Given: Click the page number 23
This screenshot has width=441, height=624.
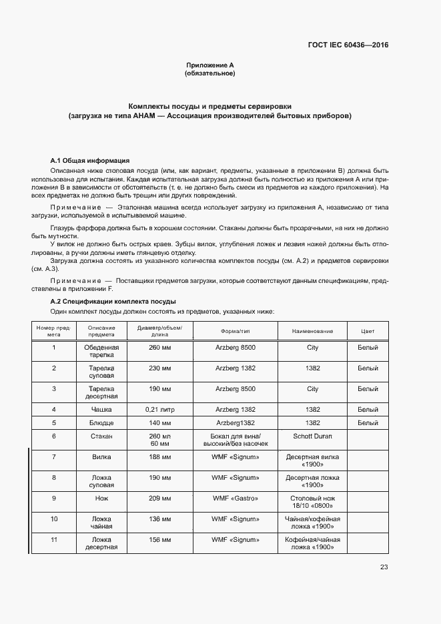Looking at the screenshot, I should coord(384,567).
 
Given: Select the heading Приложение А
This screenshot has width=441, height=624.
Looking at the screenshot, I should coord(209,65).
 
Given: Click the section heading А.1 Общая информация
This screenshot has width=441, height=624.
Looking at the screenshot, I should coord(89,161).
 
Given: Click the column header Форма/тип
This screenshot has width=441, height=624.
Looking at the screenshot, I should coord(235,331).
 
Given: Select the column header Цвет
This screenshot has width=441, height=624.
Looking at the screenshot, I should coord(368,331).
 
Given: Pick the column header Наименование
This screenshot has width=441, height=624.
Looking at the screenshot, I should coord(312,331).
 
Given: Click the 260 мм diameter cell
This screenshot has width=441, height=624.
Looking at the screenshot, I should coord(159,348).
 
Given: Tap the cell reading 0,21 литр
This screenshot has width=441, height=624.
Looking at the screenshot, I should coord(159,409).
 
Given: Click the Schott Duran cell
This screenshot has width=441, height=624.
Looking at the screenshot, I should coord(312,436).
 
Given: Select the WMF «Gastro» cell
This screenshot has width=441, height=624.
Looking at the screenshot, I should coord(235,498).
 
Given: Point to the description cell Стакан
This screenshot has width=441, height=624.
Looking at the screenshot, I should coord(101,436).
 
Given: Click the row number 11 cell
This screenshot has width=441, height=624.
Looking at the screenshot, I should coord(53,539).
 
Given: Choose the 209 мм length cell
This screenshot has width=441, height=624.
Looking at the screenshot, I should coord(159,498).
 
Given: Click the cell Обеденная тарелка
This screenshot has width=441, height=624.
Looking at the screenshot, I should coord(101,352).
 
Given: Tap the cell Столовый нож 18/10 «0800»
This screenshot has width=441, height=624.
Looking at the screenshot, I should coord(312,502).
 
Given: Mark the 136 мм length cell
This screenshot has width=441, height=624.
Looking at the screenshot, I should coord(159,519).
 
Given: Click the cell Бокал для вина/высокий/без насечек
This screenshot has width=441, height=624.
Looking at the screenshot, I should coord(235,440).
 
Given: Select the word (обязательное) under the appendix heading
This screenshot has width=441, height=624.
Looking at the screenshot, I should coord(209,73).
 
